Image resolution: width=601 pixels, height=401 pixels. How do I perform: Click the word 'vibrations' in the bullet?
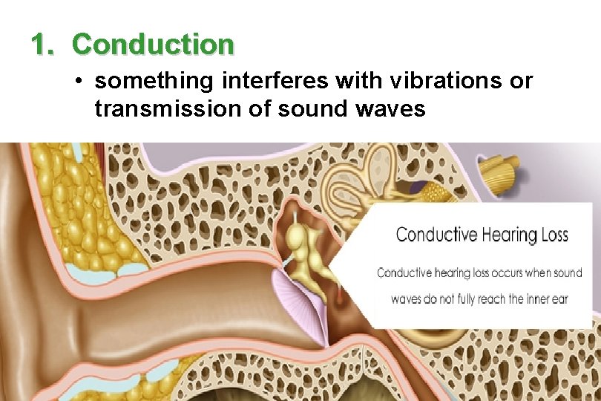pos(397,81)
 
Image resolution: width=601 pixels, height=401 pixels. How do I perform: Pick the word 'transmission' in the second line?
pos(175,109)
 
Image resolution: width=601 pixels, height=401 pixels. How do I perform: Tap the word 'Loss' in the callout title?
pos(550,235)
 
